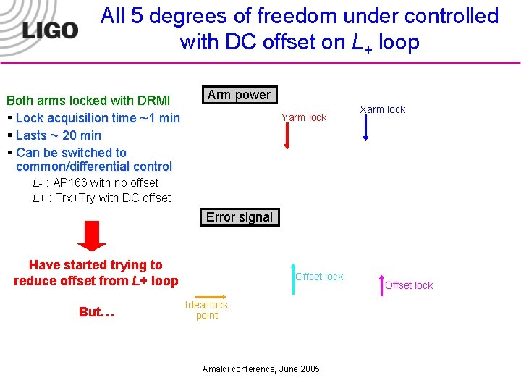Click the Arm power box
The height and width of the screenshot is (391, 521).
238,95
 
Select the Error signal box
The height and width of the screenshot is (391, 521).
239,217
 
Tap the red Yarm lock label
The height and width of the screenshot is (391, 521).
304,117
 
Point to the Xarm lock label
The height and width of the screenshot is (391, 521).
383,109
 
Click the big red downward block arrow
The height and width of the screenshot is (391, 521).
91,236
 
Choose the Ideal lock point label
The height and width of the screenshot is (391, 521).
206,310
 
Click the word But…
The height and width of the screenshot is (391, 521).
96,312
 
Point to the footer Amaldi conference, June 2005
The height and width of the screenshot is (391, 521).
260,369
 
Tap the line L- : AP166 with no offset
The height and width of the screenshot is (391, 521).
96,183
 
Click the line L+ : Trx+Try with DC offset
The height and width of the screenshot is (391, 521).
101,198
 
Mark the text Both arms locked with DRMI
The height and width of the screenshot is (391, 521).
88,101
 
